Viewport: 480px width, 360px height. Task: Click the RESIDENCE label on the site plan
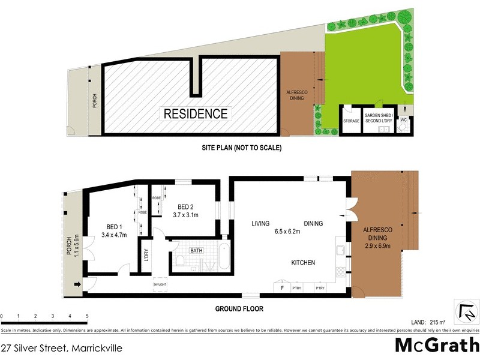pyautogui.click(x=196, y=113)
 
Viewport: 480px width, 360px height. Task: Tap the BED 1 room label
pyautogui.click(x=116, y=226)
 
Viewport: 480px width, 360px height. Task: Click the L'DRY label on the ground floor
pyautogui.click(x=146, y=255)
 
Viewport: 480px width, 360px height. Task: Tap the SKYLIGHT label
pyautogui.click(x=161, y=284)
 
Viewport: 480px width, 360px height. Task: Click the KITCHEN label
pyautogui.click(x=304, y=263)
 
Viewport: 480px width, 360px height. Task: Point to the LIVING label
pyautogui.click(x=260, y=223)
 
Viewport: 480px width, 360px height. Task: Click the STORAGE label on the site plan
pyautogui.click(x=351, y=121)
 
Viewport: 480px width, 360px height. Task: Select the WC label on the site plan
pyautogui.click(x=404, y=120)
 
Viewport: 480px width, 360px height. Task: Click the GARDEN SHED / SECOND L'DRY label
pyautogui.click(x=378, y=118)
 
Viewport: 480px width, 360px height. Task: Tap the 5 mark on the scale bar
pyautogui.click(x=87, y=315)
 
